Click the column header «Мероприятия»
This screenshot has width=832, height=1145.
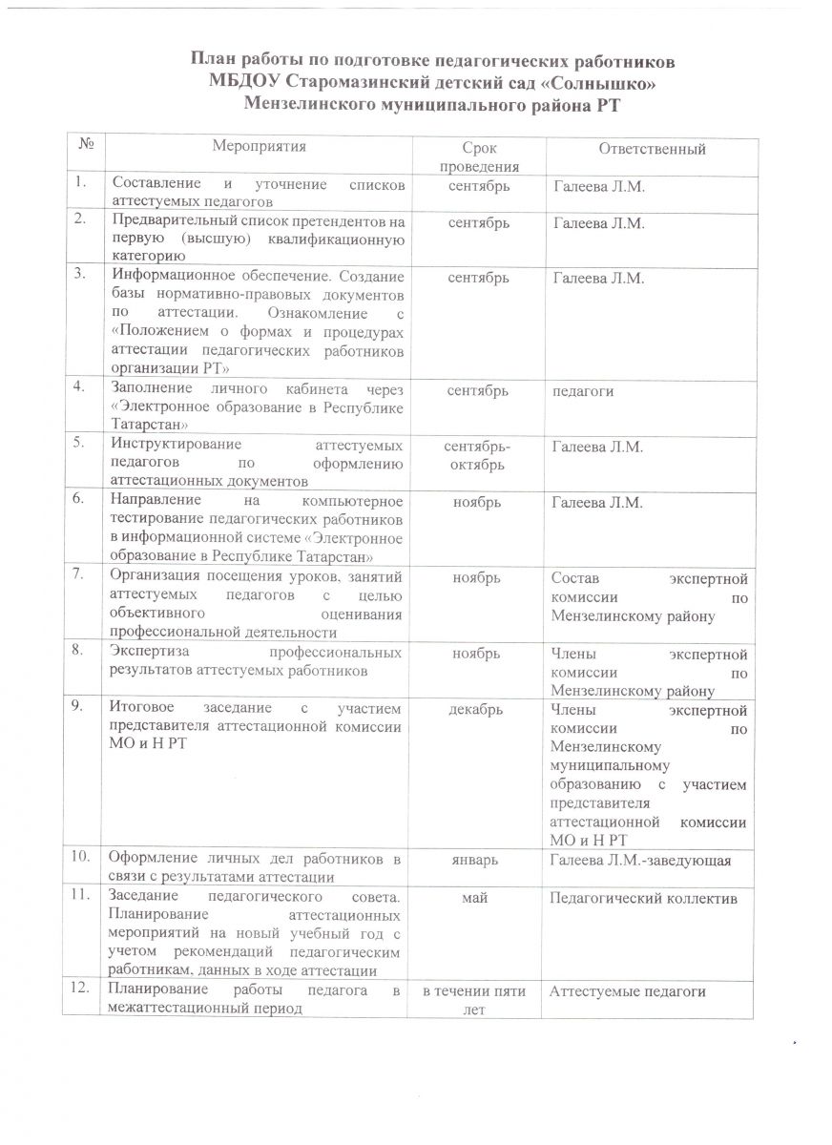click(260, 147)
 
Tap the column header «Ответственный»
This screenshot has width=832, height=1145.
click(652, 149)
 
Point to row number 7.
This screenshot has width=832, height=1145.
click(85, 574)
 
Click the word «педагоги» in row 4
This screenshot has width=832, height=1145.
click(582, 391)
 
